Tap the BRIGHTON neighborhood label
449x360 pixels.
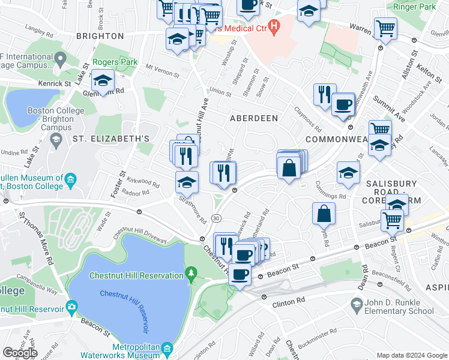(100, 36)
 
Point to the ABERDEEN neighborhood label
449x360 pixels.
(254, 118)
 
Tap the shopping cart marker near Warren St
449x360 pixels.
(385, 28)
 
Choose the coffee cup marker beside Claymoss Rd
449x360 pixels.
(343, 104)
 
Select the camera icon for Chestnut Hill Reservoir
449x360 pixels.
(72, 308)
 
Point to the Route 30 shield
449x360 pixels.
(215, 218)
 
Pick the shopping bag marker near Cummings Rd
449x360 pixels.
(324, 213)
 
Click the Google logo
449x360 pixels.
(20, 352)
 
